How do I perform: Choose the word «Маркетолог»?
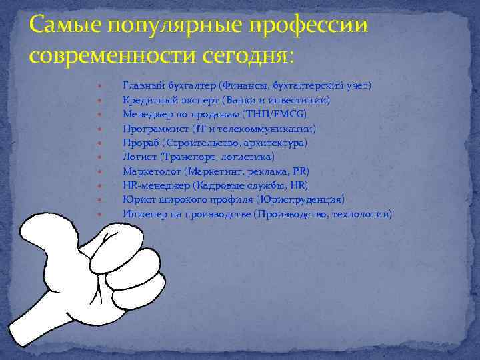[x=150, y=171]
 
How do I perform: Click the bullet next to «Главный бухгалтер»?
[x=99, y=86]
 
